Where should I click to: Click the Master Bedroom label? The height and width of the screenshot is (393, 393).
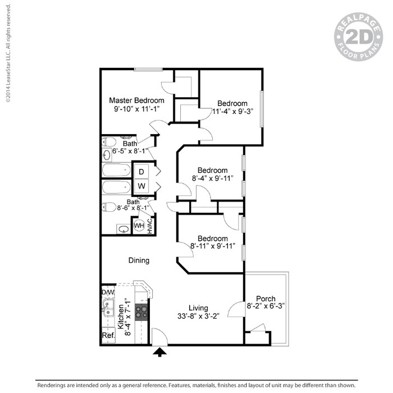click(x=136, y=100)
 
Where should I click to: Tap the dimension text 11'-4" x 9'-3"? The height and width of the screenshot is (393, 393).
click(x=232, y=112)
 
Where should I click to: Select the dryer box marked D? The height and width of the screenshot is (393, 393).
click(x=141, y=171)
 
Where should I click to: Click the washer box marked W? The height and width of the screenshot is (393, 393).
click(x=141, y=185)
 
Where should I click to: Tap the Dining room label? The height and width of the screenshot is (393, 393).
click(x=139, y=261)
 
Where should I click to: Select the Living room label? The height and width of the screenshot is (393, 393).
click(x=198, y=308)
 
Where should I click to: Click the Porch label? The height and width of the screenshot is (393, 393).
click(x=266, y=298)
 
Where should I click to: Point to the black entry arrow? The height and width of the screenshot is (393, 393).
click(x=161, y=352)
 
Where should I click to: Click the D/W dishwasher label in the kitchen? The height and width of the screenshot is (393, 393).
click(x=107, y=293)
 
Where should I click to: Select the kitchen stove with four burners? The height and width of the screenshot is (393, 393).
click(x=142, y=312)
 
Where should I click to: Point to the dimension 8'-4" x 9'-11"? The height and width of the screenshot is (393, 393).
click(x=212, y=179)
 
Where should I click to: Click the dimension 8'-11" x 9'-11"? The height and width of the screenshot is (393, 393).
click(x=212, y=246)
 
